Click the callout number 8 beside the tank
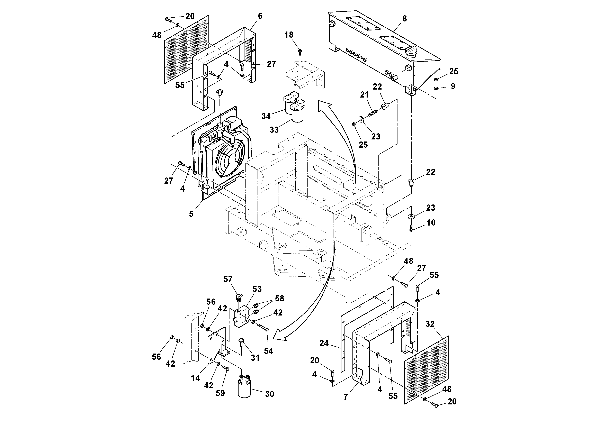404,19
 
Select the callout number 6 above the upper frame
260,16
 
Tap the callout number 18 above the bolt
289,35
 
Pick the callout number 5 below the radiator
191,214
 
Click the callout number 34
266,116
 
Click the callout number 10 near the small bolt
431,223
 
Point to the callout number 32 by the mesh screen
430,324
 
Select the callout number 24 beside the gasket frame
324,343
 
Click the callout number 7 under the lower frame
345,397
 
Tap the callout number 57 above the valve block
228,279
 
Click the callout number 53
257,289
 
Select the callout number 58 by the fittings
279,299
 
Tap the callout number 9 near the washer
453,86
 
